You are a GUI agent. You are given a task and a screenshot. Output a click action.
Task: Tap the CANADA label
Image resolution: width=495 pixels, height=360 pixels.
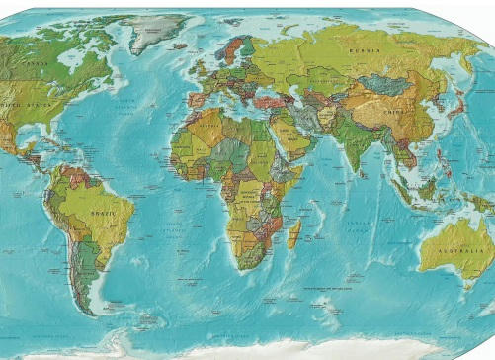click(x=34, y=65)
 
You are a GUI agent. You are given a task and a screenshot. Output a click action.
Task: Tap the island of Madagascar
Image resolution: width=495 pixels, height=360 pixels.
click(x=293, y=234)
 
